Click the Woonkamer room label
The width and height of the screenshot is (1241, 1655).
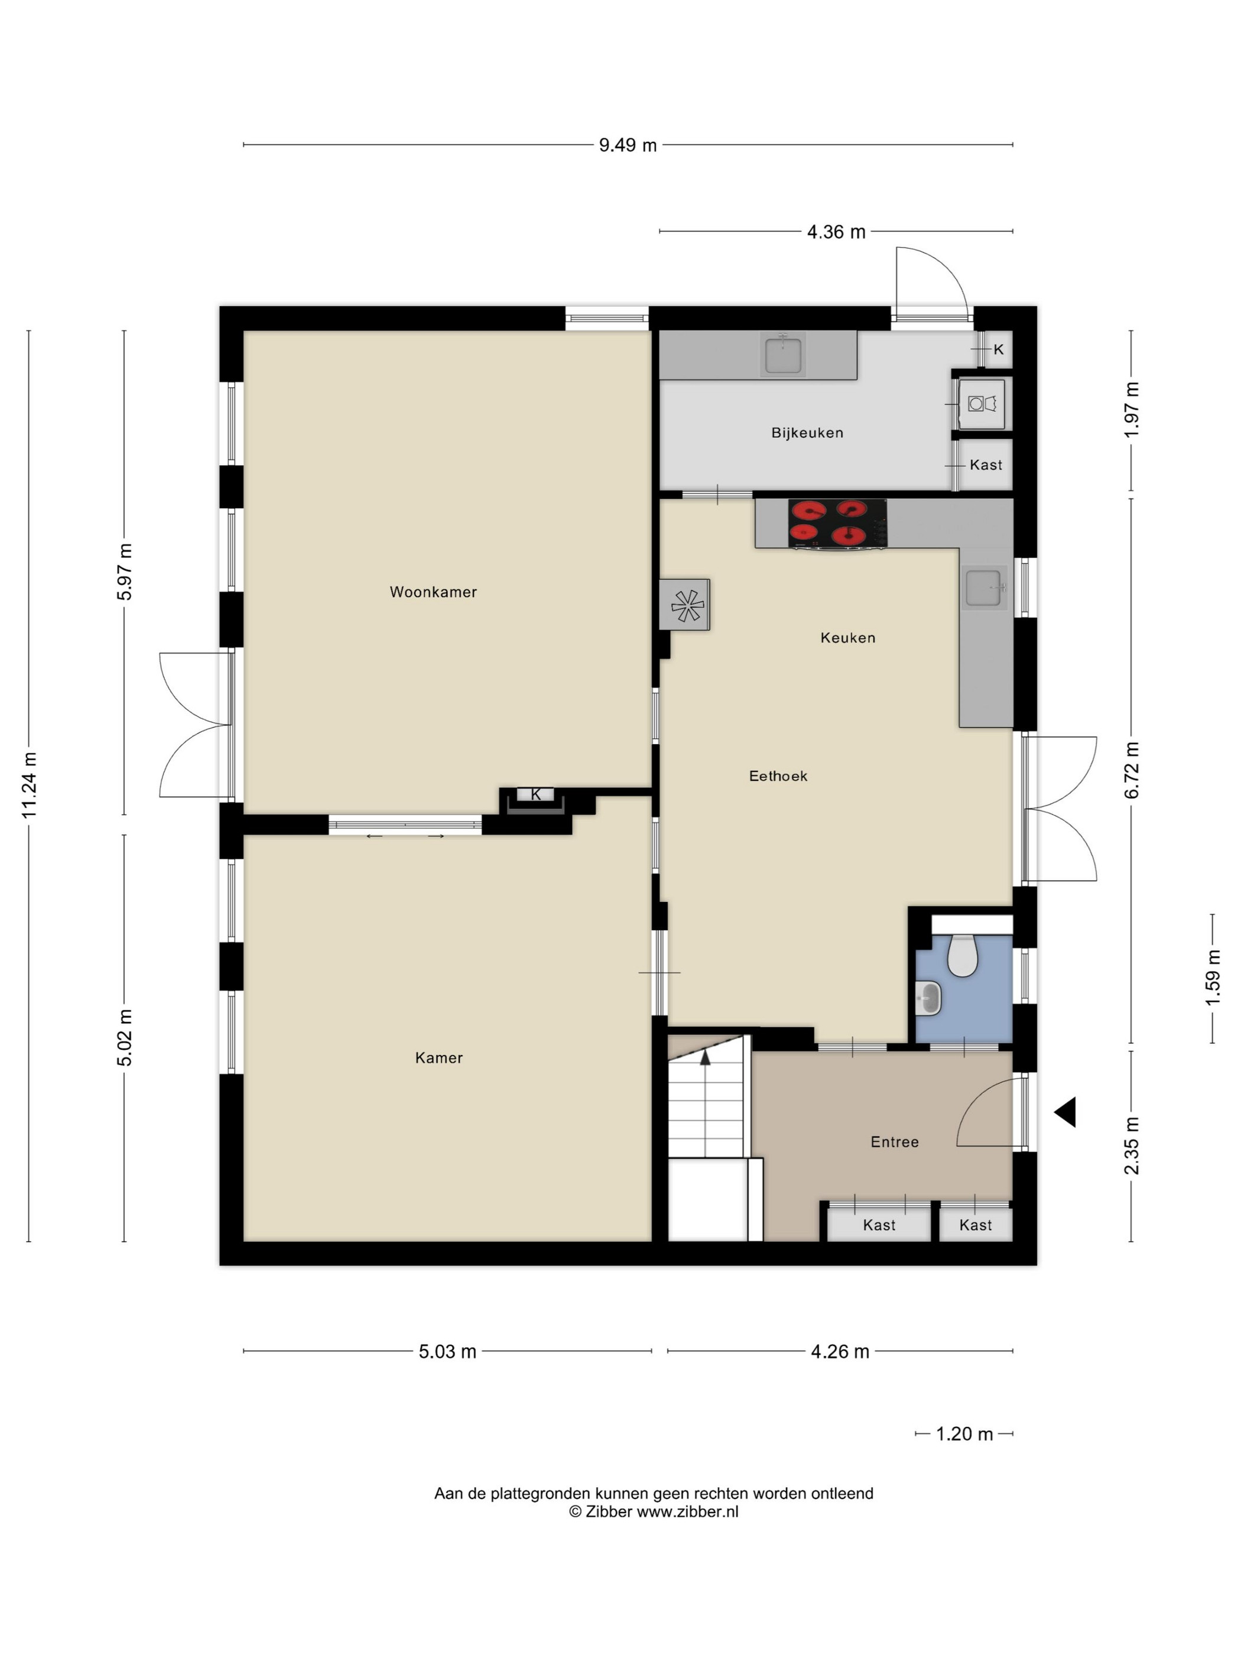point(433,592)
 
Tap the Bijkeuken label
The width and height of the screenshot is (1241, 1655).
point(807,433)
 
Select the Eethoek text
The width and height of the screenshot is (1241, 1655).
point(778,776)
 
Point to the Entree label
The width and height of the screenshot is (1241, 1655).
point(894,1142)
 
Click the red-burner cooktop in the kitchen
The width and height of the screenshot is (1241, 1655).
point(837,523)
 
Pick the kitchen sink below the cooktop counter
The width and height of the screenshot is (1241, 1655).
point(985,588)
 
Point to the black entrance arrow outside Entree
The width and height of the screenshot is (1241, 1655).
point(1065,1112)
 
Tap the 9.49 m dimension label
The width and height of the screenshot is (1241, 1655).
point(628,145)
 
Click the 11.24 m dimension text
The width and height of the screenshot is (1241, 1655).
point(29,785)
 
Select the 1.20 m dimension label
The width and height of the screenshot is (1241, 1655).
point(964,1433)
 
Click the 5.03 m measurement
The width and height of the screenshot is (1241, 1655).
point(447,1351)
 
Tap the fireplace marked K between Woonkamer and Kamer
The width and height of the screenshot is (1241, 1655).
point(535,800)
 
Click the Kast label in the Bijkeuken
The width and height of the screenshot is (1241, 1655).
point(985,465)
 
